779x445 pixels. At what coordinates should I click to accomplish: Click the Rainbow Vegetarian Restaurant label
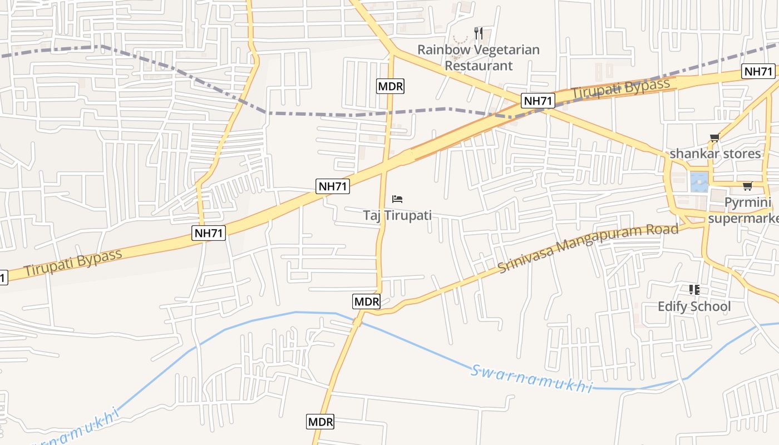(478, 57)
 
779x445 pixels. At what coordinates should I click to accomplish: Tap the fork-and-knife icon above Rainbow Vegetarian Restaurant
(479, 33)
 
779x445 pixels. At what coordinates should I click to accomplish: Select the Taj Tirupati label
(397, 215)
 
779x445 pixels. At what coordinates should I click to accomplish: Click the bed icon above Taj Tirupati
(397, 199)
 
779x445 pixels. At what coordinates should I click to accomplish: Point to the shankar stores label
(715, 154)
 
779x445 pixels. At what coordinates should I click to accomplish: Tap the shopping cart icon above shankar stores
(715, 138)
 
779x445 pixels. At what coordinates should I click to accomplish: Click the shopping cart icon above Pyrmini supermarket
(747, 186)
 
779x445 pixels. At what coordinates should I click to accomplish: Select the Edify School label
(694, 306)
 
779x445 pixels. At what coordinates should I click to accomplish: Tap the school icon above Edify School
(694, 290)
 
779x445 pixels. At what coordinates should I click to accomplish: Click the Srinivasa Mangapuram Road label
(588, 248)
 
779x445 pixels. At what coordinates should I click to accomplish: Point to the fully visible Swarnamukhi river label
(531, 379)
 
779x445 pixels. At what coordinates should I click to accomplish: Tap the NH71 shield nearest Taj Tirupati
(333, 186)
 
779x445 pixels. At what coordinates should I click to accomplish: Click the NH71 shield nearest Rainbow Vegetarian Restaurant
(539, 101)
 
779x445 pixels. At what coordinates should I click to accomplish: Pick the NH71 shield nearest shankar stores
(758, 71)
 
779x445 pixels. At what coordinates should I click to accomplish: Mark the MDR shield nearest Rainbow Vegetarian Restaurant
(391, 86)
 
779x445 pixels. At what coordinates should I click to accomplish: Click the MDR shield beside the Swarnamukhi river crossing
(367, 301)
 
